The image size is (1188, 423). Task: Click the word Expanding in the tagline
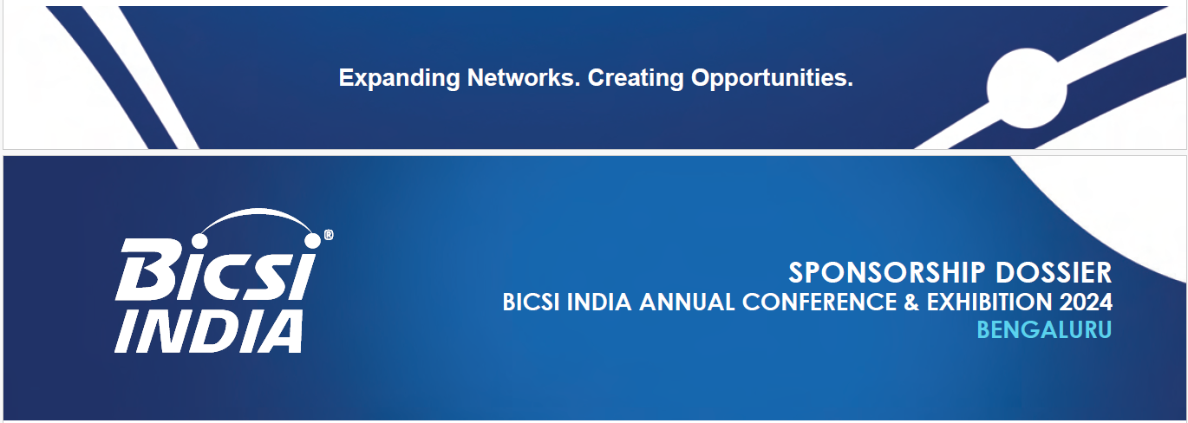click(x=400, y=79)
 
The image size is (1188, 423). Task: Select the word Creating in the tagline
click(x=636, y=79)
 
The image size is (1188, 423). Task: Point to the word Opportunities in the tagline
click(x=772, y=79)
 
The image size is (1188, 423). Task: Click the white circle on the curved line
click(x=1026, y=88)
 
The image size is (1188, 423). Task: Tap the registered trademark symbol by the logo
click(x=329, y=234)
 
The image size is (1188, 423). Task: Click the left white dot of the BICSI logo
click(x=199, y=241)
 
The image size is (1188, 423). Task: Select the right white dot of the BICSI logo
click(x=313, y=240)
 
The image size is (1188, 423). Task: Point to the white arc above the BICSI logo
click(x=258, y=211)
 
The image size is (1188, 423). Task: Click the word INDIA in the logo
click(x=209, y=332)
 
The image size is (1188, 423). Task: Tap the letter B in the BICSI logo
click(x=143, y=270)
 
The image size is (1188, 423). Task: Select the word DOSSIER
click(x=1054, y=273)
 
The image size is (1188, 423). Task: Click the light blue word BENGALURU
click(x=1044, y=330)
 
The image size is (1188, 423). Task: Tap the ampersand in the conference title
click(x=911, y=303)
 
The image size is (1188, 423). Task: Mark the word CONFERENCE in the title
click(x=819, y=303)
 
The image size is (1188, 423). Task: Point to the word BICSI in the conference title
click(x=531, y=303)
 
